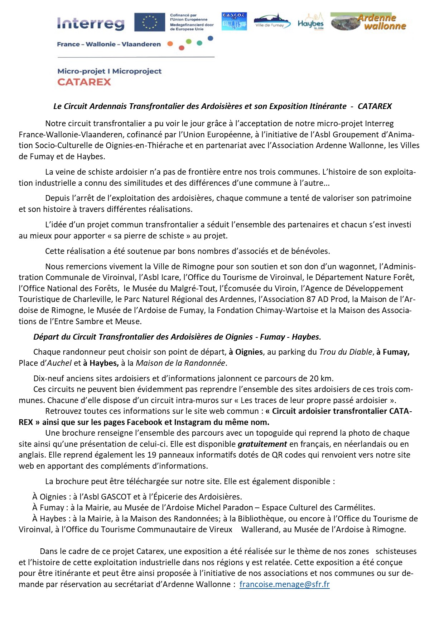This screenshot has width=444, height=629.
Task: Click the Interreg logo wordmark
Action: coord(91,24)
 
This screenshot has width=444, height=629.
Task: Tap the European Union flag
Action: coord(149,22)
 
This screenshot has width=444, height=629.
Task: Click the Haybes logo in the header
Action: coord(310,22)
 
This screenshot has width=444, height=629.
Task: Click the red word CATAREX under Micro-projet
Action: coord(84,82)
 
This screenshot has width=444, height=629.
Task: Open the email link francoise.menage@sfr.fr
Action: coord(284,584)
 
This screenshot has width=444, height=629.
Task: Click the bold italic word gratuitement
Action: coord(262,444)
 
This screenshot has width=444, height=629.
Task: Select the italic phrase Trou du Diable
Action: coord(346,352)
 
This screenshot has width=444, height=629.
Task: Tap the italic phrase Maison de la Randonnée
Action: coord(180,363)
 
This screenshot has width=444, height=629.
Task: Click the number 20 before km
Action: coord(314,378)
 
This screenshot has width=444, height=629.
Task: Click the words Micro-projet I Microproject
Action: coord(109,71)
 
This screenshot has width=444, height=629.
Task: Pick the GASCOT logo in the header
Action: coord(234,22)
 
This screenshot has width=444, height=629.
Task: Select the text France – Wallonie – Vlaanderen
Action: coord(109,44)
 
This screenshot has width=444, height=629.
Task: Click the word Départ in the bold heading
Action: coord(47,337)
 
